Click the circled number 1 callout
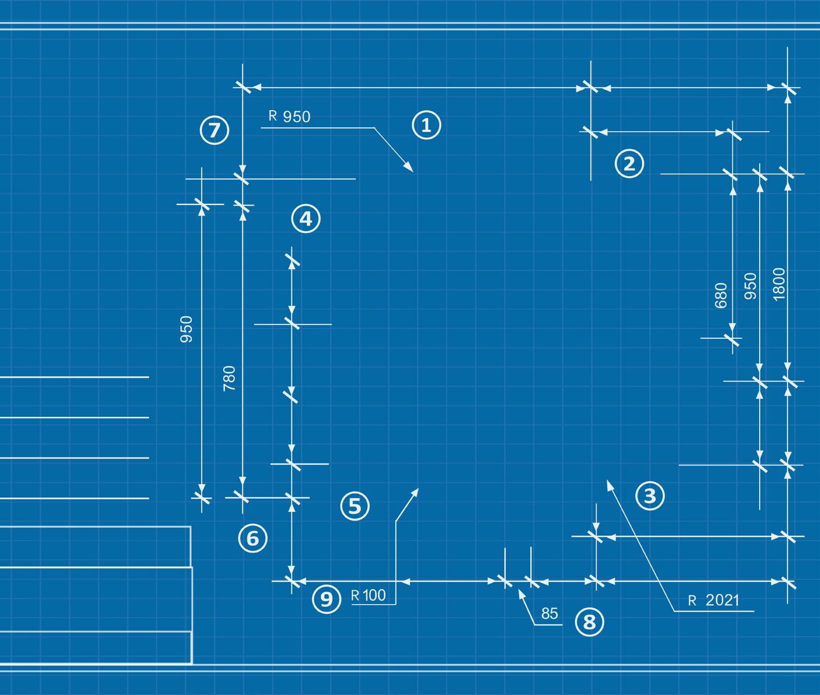click(426, 125)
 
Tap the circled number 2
click(629, 163)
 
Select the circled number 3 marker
click(650, 496)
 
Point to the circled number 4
click(305, 219)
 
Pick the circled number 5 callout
click(355, 506)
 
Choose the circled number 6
click(253, 539)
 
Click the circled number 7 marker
click(214, 130)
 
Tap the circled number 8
click(589, 623)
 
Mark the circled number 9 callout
click(326, 598)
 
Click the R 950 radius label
click(290, 116)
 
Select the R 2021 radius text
click(714, 601)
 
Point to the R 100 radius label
click(369, 595)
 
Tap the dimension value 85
click(549, 613)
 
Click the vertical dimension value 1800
click(779, 284)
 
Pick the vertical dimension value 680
click(721, 295)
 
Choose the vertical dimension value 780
click(229, 378)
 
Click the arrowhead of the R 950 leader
click(412, 171)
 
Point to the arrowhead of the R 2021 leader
click(607, 481)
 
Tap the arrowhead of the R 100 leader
click(417, 490)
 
